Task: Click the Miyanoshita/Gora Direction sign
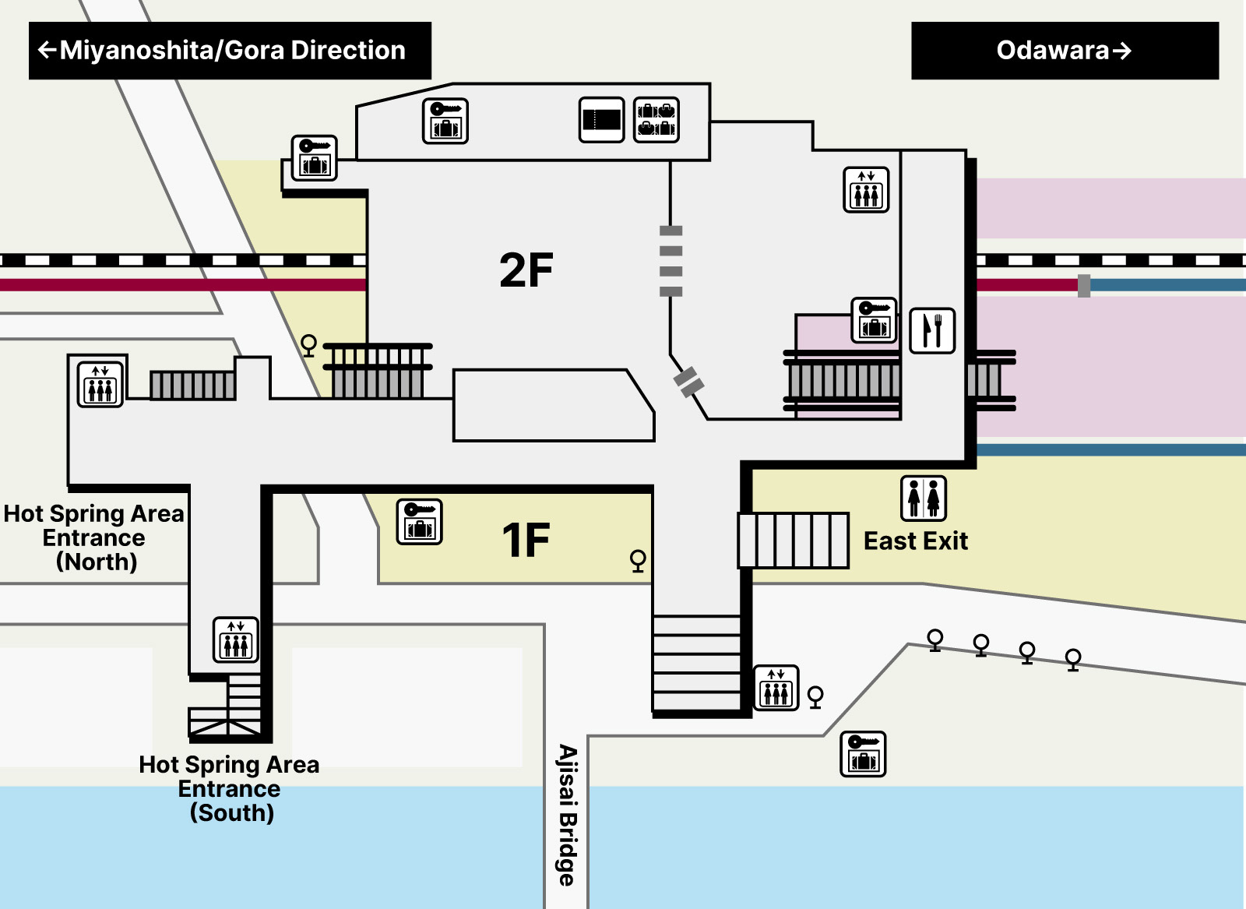(x=230, y=51)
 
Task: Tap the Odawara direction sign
(x=1064, y=51)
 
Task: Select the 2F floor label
(x=526, y=270)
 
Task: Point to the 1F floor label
(x=526, y=540)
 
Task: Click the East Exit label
(x=916, y=541)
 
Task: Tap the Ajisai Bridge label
(x=568, y=815)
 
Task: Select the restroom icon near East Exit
(x=924, y=499)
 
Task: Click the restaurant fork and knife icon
(x=932, y=330)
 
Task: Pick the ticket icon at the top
(x=601, y=120)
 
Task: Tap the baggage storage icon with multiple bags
(x=656, y=120)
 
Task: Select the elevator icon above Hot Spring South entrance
(x=236, y=639)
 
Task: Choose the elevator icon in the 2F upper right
(x=866, y=189)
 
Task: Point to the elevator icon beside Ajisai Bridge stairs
(x=776, y=688)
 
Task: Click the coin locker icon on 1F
(x=420, y=522)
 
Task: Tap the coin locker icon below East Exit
(x=864, y=753)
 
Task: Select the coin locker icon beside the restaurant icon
(x=875, y=320)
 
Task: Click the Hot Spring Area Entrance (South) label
(x=230, y=788)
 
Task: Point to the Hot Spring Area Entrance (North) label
(x=94, y=537)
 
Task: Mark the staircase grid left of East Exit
(x=794, y=540)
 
